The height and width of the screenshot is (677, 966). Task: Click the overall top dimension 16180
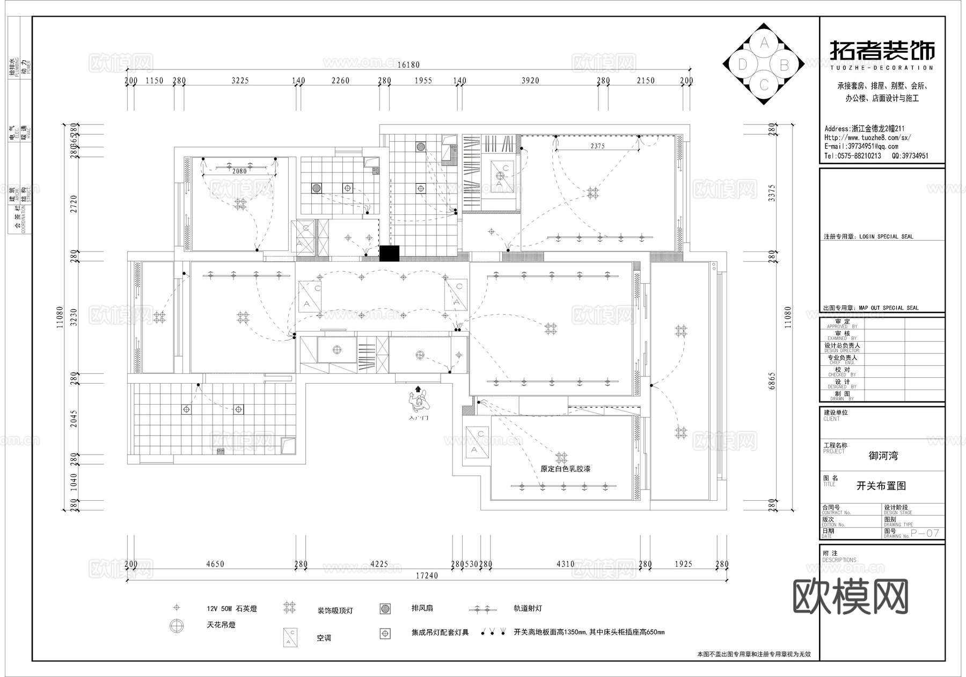[x=408, y=65]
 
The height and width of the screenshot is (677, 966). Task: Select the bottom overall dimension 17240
[x=427, y=576]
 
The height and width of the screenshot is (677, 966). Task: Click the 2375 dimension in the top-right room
[x=597, y=146]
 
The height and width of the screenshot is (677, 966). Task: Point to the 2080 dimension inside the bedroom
[x=239, y=171]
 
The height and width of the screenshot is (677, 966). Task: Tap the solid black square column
[x=390, y=254]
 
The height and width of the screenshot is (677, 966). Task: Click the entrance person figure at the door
[x=418, y=401]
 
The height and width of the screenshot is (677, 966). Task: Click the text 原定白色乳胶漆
[x=566, y=469]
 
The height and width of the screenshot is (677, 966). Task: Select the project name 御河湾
[x=883, y=456]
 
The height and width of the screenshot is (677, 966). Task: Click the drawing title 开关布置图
[x=881, y=486]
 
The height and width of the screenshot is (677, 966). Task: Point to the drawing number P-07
[x=925, y=533]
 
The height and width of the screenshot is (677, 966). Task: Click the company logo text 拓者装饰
[x=882, y=51]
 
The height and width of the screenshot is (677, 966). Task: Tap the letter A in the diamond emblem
[x=765, y=42]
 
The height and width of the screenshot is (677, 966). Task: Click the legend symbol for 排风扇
[x=385, y=609]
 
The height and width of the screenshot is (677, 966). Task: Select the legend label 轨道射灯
[x=528, y=609]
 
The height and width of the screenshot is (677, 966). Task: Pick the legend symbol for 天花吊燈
[x=177, y=625]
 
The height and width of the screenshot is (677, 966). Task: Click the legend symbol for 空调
[x=291, y=638]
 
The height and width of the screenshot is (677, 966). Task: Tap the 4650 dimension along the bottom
[x=215, y=564]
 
